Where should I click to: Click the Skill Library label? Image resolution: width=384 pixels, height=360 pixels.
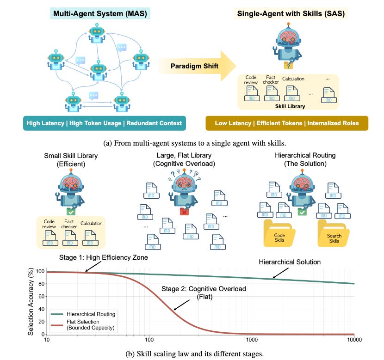point(289,106)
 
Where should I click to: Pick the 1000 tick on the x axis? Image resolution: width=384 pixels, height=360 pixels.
point(252,340)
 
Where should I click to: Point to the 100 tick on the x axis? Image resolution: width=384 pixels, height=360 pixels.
point(149,340)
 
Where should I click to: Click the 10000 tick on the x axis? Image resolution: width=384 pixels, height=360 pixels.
point(354,340)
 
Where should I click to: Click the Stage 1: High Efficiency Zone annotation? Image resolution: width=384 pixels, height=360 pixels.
point(105,257)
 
